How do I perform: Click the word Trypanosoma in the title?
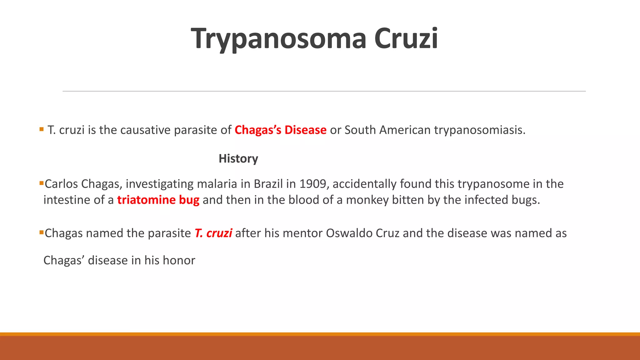pos(278,39)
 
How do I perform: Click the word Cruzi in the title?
pos(406,39)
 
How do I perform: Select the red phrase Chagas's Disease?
pos(280,130)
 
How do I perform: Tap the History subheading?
pos(238,159)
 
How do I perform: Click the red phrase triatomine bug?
pos(158,200)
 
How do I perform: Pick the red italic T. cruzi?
pos(213,233)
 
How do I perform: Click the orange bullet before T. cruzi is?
pos(42,129)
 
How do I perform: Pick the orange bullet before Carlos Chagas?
pos(41,182)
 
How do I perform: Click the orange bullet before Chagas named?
pos(41,232)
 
